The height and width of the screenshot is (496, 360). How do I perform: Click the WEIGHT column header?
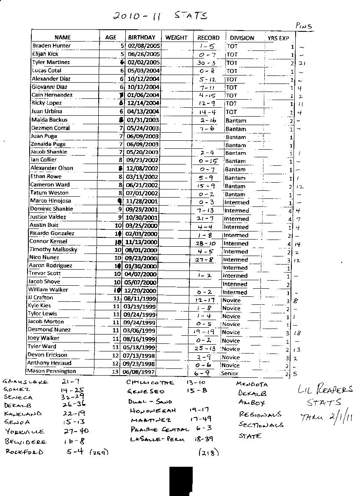(176, 38)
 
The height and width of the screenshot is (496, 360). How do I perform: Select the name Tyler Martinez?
(51, 62)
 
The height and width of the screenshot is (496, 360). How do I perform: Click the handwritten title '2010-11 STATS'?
(160, 16)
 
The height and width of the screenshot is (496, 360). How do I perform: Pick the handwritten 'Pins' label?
(304, 26)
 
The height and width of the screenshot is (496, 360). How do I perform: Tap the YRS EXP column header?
(278, 38)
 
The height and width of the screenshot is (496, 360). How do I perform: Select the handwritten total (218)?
(208, 452)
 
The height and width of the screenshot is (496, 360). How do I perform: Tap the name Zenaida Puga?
(48, 144)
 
